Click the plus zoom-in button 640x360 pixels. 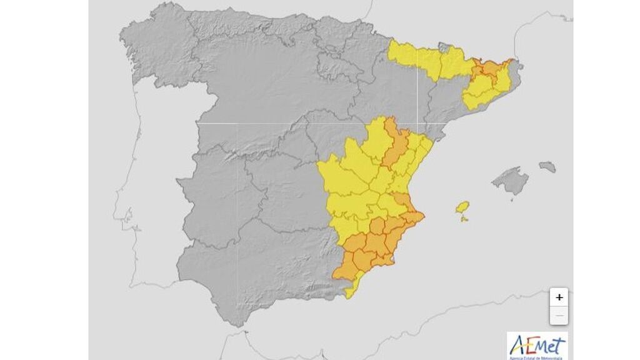click(559, 297)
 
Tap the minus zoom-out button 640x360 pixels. click(559, 316)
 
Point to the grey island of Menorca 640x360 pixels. click(547, 167)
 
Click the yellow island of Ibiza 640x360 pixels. click(462, 207)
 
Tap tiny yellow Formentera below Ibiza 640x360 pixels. click(464, 219)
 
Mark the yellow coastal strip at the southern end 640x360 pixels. click(353, 286)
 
